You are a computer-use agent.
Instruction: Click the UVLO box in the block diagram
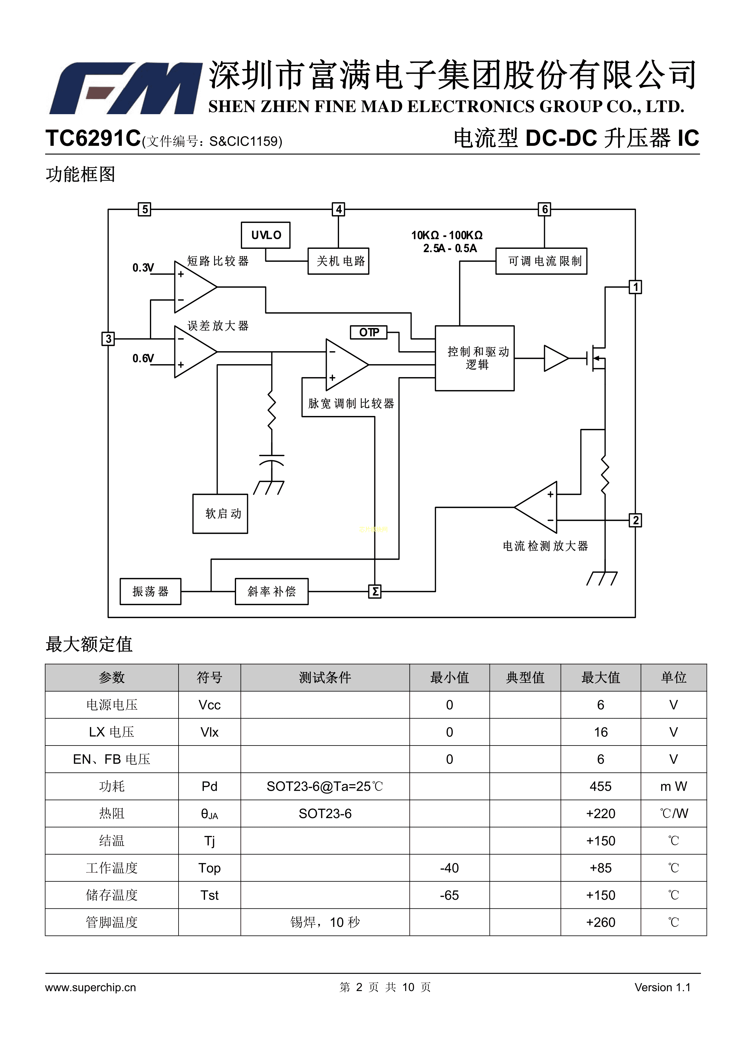pos(266,235)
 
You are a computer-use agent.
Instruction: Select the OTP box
pos(369,332)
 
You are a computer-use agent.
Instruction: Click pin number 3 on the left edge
pos(108,339)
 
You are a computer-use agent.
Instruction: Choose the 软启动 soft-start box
pos(220,514)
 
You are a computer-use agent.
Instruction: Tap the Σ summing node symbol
pos(375,592)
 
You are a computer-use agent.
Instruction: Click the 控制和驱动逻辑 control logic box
pos(475,358)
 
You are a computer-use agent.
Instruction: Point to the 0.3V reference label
pos(143,268)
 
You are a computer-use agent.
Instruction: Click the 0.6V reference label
pos(143,358)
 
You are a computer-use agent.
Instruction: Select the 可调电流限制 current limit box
pos(541,261)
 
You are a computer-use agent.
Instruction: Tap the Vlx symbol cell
pos(210,732)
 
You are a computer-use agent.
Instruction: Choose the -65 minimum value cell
pos(449,895)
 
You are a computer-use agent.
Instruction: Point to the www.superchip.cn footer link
pos(91,987)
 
